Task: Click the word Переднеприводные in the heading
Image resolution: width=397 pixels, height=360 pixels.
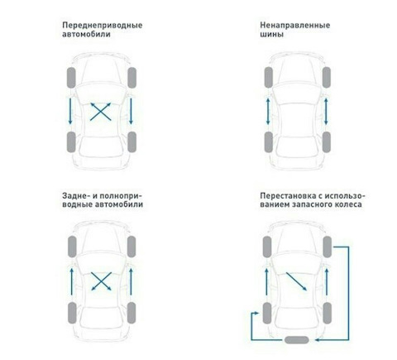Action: [103, 26]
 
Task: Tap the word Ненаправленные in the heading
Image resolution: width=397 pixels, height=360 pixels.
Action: [295, 26]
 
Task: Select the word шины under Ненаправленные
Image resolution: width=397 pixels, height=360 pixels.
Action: [272, 35]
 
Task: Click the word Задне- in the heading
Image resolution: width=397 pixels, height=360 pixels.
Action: [76, 196]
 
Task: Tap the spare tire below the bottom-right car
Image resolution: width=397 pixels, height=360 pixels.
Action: [296, 340]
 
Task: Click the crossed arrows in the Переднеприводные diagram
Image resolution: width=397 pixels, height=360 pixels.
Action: [101, 112]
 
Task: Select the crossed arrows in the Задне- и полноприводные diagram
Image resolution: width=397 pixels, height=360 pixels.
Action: [101, 281]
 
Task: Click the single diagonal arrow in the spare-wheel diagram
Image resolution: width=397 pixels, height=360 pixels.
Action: [296, 281]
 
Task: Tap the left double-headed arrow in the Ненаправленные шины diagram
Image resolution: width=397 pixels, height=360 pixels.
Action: [268, 112]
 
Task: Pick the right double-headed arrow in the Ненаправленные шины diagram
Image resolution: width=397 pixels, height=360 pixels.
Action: [326, 112]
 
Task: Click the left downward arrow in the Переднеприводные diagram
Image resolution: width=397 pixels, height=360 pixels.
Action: [70, 111]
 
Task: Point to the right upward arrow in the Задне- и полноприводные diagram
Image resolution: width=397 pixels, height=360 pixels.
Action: [131, 281]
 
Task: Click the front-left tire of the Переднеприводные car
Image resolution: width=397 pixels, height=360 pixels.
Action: [71, 78]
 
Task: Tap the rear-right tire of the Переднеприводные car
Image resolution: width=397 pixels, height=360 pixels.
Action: [132, 142]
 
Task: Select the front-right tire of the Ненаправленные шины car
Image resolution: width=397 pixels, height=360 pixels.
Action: [327, 78]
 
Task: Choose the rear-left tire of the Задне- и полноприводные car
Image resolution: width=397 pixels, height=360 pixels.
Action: [72, 313]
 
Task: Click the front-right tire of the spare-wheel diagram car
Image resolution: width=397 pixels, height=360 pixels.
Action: [328, 247]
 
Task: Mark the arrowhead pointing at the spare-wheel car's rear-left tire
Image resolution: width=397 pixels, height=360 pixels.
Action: [256, 314]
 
